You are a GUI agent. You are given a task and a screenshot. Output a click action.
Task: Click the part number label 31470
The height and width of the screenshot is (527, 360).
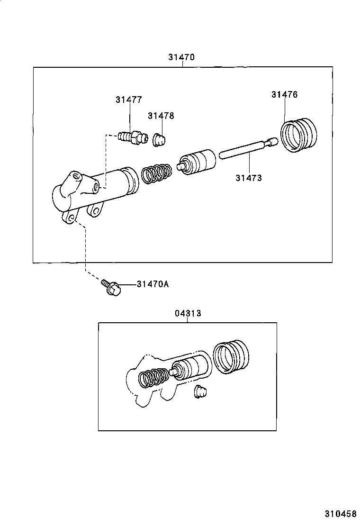(181, 57)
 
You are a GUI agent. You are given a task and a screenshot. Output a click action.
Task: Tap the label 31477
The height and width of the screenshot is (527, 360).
(128, 100)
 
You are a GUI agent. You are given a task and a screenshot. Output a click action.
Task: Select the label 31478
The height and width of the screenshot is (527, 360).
(161, 116)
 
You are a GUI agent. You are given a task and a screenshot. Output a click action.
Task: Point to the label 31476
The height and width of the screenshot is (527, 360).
(284, 94)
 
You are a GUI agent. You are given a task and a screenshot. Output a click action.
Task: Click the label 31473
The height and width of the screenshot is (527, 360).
(249, 178)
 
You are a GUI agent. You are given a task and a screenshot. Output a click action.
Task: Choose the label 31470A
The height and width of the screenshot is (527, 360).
(153, 284)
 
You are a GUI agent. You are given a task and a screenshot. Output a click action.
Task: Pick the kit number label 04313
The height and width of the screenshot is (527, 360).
(188, 313)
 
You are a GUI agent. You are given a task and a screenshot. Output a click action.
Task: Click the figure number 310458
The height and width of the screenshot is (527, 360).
(340, 514)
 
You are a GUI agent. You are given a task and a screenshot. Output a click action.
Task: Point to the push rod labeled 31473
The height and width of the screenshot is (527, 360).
(246, 148)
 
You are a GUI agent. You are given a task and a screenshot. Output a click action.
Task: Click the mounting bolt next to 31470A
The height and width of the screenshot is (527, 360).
(111, 287)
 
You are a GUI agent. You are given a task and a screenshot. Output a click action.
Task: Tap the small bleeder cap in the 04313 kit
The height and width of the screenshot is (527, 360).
(201, 393)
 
